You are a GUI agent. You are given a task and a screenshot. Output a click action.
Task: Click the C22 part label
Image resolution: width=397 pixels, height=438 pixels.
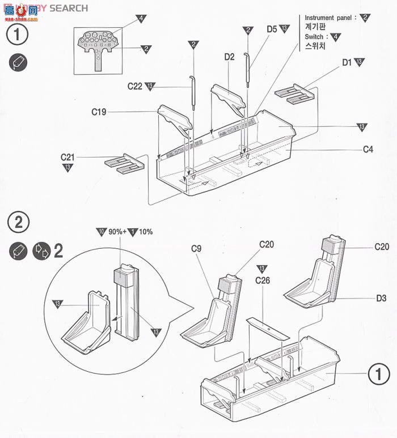pyautogui.click(x=134, y=86)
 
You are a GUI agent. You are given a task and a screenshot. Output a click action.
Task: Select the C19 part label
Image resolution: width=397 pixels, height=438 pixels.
pyautogui.click(x=99, y=112)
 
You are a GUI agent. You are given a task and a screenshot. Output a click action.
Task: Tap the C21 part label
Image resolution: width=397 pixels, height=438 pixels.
pyautogui.click(x=68, y=157)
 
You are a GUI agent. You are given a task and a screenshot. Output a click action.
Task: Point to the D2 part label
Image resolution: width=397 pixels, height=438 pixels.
pyautogui.click(x=229, y=57)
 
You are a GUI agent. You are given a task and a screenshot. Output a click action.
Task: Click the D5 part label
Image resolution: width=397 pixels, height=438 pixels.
pyautogui.click(x=272, y=29)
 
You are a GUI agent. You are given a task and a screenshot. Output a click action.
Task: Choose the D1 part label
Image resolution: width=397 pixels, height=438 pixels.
pyautogui.click(x=347, y=62)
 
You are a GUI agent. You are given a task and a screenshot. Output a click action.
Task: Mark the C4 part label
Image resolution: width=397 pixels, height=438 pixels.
pyautogui.click(x=369, y=150)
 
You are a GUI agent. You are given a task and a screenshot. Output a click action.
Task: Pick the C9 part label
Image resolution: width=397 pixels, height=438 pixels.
pyautogui.click(x=197, y=248)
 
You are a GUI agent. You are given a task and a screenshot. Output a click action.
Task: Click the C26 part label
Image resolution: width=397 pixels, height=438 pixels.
pyautogui.click(x=263, y=280)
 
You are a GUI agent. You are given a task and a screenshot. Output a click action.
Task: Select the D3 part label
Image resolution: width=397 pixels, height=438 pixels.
pyautogui.click(x=381, y=297)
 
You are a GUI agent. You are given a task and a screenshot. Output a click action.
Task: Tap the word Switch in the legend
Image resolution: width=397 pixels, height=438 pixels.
pyautogui.click(x=316, y=37)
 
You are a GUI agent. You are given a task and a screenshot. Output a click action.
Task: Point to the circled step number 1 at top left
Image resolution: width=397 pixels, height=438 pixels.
pyautogui.click(x=17, y=35)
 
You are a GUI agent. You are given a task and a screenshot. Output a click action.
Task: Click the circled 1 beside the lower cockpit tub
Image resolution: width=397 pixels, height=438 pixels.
pyautogui.click(x=378, y=373)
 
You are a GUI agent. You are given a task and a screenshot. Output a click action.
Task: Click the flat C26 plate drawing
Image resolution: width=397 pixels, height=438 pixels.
pyautogui.click(x=266, y=328)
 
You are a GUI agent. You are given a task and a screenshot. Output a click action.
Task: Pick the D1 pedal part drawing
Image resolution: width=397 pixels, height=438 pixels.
pyautogui.click(x=294, y=95)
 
